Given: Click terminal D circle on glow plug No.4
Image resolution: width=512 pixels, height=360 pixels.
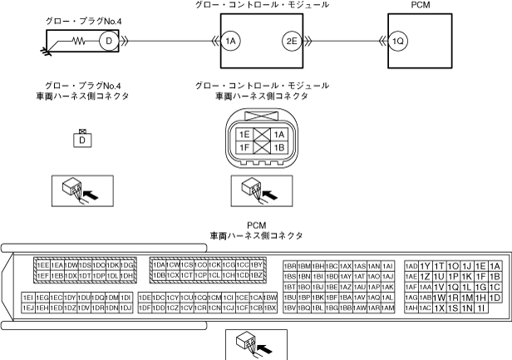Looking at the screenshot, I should (106, 39).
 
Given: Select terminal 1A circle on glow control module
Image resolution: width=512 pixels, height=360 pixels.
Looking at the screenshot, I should (231, 39).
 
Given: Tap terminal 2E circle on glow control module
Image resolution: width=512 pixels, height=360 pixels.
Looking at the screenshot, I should (291, 39).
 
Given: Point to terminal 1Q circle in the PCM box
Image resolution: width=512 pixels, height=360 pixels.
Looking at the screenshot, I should (399, 39).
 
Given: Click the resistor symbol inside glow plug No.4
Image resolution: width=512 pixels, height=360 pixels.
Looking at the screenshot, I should (81, 39).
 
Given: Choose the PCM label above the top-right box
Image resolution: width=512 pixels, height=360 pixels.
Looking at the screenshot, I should (421, 5).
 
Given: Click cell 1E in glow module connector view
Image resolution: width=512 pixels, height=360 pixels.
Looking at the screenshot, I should (244, 134).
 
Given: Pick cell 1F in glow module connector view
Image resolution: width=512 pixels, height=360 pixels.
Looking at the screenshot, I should (244, 147).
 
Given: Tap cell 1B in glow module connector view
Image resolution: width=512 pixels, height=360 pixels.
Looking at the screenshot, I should (279, 147).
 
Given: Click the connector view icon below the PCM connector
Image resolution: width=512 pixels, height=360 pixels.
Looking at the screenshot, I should (255, 343).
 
